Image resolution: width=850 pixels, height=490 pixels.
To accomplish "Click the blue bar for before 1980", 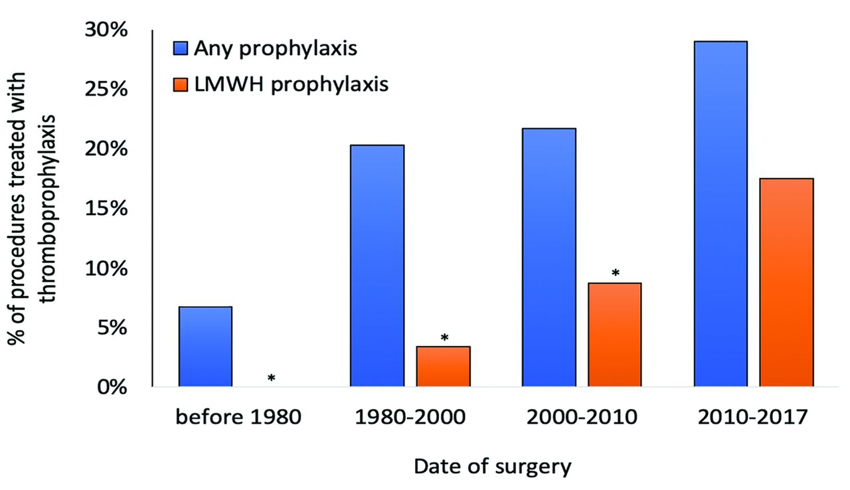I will click(x=205, y=346).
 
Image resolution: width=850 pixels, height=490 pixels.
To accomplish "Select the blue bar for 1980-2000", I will click(x=377, y=266).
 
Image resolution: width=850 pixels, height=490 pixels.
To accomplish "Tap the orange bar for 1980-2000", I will click(x=443, y=366).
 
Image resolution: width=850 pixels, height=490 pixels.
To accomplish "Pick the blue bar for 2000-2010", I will click(x=549, y=257).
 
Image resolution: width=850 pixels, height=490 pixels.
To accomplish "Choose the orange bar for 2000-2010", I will click(x=614, y=335).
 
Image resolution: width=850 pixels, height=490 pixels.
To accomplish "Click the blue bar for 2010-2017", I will click(x=721, y=213).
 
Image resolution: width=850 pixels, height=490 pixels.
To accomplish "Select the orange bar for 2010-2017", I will click(x=786, y=282).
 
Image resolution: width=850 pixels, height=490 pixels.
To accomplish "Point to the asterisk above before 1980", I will click(x=272, y=378).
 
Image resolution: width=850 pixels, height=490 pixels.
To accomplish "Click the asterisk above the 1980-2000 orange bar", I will click(x=444, y=338).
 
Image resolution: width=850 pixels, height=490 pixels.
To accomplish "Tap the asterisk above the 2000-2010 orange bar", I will click(x=616, y=274).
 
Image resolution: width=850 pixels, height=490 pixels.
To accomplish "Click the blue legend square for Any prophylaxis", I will click(x=179, y=48).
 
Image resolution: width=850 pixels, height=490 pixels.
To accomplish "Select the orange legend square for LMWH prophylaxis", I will click(x=179, y=84).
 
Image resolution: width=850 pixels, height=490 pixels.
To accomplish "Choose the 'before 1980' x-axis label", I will click(x=238, y=418).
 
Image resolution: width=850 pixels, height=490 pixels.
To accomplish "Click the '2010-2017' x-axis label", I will click(x=754, y=418).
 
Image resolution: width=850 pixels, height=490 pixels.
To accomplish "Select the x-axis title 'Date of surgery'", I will click(x=492, y=467).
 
